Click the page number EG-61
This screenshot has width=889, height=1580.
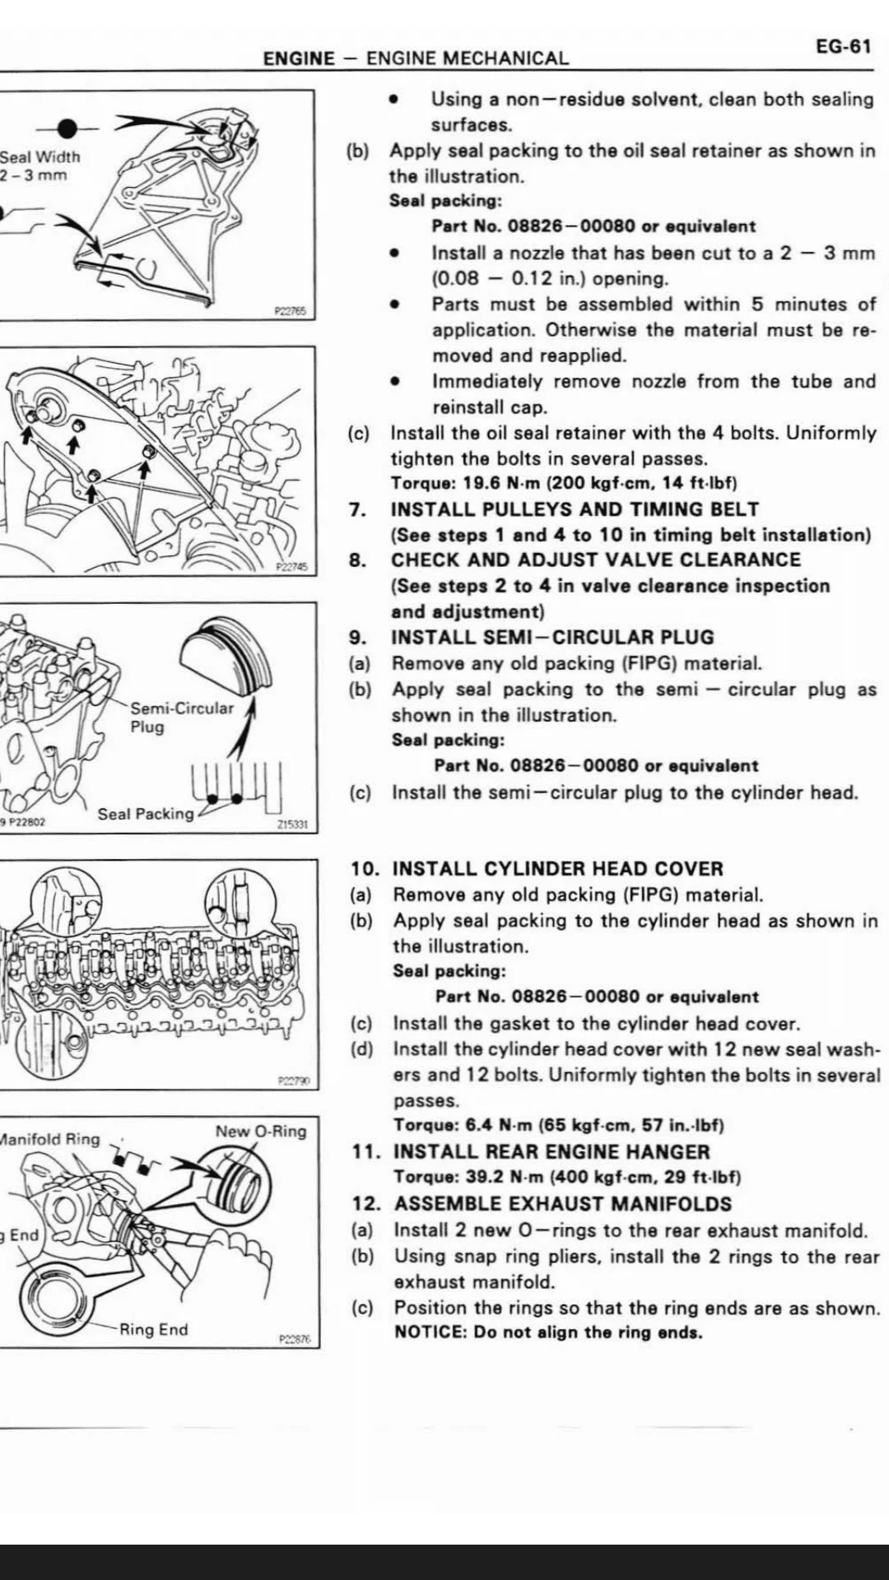[843, 46]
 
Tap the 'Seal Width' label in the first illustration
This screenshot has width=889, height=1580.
[40, 156]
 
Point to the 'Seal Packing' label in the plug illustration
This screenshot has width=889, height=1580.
[146, 814]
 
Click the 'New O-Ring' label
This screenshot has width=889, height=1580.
[260, 1132]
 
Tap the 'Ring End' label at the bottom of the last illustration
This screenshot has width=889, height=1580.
[153, 1329]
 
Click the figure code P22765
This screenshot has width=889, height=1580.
[290, 311]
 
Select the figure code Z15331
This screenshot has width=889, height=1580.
[293, 824]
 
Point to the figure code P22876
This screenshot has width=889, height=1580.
[295, 1339]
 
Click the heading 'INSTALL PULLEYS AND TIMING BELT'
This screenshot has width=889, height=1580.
[575, 509]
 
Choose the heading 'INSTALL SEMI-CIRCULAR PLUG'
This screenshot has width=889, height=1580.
[552, 637]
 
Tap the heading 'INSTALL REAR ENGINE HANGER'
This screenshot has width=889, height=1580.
[552, 1152]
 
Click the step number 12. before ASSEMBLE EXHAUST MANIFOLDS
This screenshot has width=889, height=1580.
[366, 1203]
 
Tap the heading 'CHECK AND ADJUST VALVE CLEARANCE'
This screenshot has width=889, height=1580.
[595, 560]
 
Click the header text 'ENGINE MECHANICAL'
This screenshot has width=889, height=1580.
[467, 58]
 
